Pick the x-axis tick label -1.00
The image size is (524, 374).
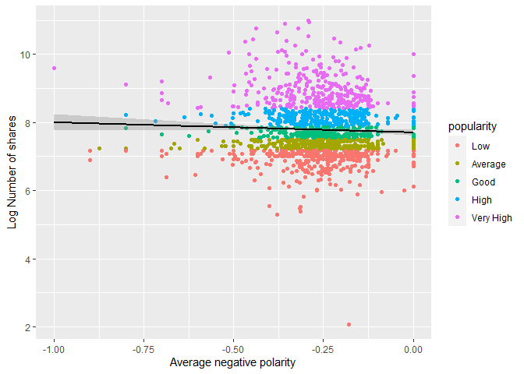(54, 350)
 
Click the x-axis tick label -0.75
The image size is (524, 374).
(143, 350)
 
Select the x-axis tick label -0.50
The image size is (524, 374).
(234, 350)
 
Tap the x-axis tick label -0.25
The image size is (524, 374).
(324, 350)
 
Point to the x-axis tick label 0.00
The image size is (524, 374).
(414, 350)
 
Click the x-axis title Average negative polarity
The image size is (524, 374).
(233, 364)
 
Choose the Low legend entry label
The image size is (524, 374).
(480, 146)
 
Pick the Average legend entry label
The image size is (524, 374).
(488, 164)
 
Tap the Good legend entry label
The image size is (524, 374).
(483, 182)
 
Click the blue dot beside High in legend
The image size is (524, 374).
(457, 199)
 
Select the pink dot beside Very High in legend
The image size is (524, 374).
(457, 217)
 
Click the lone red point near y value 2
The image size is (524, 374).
(349, 324)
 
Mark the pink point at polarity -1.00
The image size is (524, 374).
(54, 68)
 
